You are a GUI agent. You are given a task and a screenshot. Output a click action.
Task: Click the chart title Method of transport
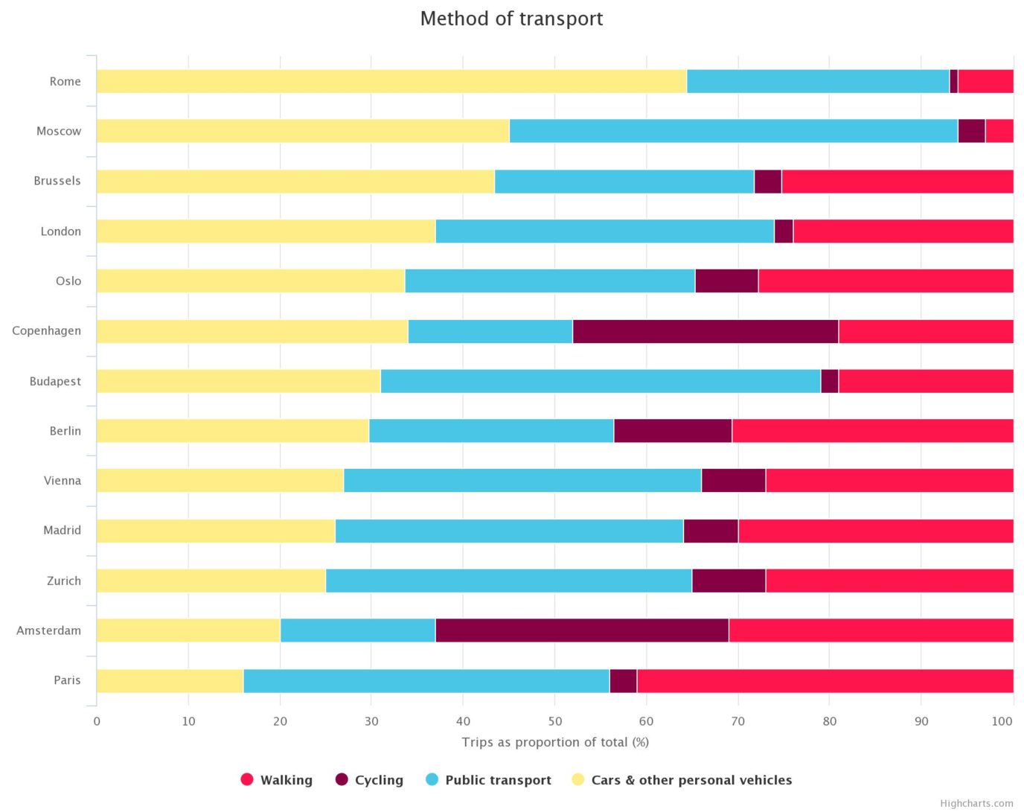511,19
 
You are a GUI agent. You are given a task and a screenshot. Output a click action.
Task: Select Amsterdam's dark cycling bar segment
582,630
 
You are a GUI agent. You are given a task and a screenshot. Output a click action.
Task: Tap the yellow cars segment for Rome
391,81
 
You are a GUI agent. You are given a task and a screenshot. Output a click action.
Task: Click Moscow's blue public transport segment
733,131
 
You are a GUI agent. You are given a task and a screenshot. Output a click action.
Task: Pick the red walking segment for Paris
825,680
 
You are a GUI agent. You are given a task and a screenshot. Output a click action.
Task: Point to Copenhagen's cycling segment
705,331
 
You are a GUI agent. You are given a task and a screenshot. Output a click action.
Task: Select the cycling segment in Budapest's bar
829,381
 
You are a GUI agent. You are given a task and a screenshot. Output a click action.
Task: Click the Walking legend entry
277,780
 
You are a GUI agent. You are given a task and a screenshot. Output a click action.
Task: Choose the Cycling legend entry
370,780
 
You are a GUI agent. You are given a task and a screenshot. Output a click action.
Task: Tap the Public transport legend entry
489,780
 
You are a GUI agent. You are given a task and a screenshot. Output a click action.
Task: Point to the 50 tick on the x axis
554,721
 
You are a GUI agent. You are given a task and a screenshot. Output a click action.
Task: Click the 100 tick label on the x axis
1002,721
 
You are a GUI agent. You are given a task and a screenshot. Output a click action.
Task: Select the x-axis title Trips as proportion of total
555,742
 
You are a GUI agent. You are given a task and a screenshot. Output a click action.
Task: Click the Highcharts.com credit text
976,803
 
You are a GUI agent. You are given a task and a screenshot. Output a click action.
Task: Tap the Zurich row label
64,581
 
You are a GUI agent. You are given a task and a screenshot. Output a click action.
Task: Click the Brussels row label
57,181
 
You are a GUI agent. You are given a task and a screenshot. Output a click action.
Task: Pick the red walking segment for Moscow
999,131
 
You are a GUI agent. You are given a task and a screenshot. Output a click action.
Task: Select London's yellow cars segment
266,231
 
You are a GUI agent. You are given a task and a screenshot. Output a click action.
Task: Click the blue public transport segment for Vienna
522,481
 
